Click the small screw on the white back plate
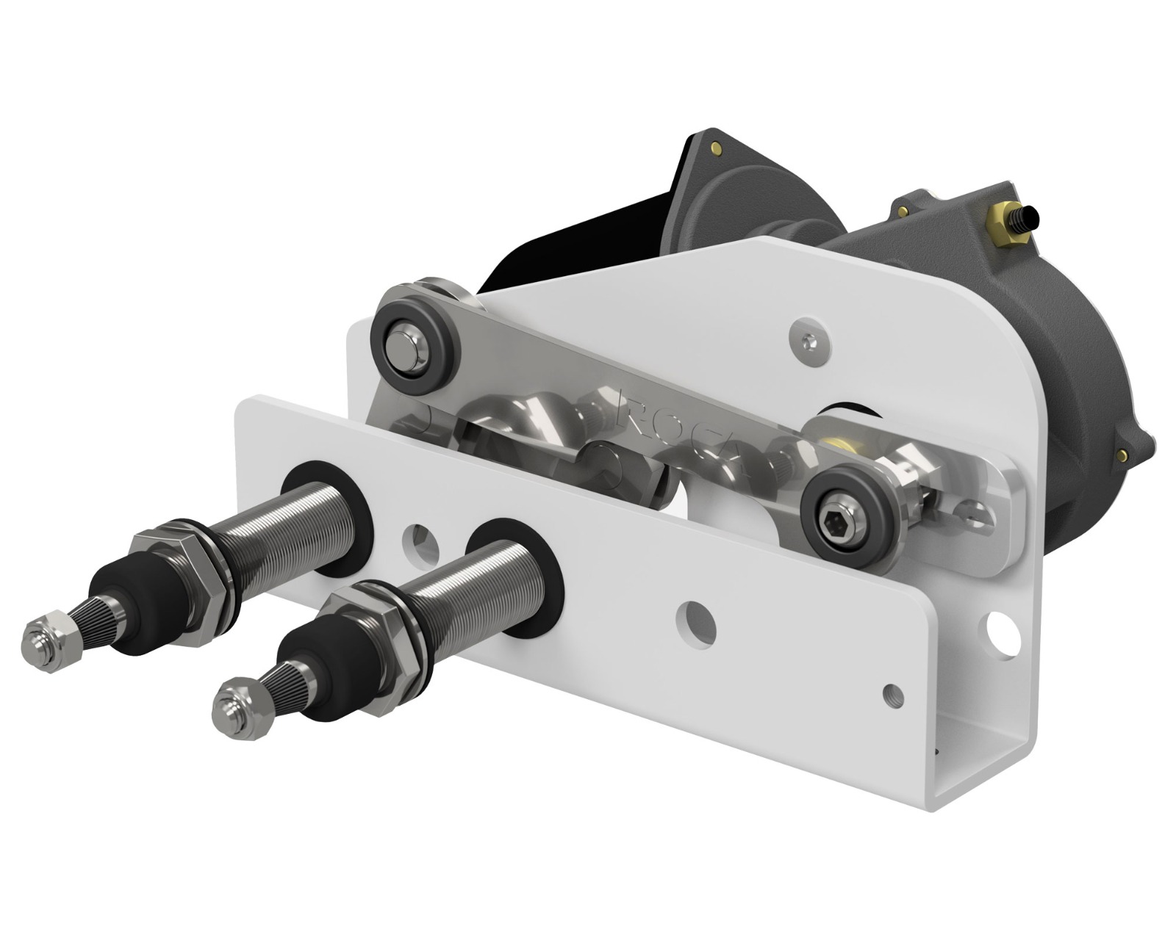808,340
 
